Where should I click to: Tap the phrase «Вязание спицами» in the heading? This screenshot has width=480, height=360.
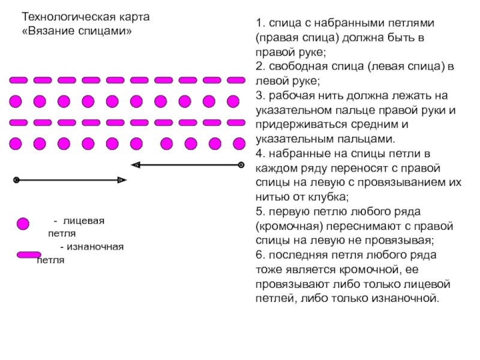(x=76, y=30)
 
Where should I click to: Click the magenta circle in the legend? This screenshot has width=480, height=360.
(x=22, y=224)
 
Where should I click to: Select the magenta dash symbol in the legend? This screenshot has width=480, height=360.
(x=28, y=255)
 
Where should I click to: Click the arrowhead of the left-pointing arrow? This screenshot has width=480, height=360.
(x=136, y=164)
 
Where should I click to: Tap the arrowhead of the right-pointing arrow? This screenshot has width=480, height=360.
(x=122, y=179)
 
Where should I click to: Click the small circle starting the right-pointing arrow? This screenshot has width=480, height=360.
(x=17, y=179)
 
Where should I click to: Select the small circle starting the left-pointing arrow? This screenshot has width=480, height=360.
(x=241, y=164)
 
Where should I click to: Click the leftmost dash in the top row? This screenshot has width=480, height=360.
(x=19, y=80)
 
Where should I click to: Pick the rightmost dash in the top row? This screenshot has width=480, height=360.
(x=236, y=80)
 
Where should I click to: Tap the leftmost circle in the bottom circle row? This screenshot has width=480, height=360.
(x=16, y=143)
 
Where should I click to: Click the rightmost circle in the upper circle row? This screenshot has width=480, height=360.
(x=234, y=101)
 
